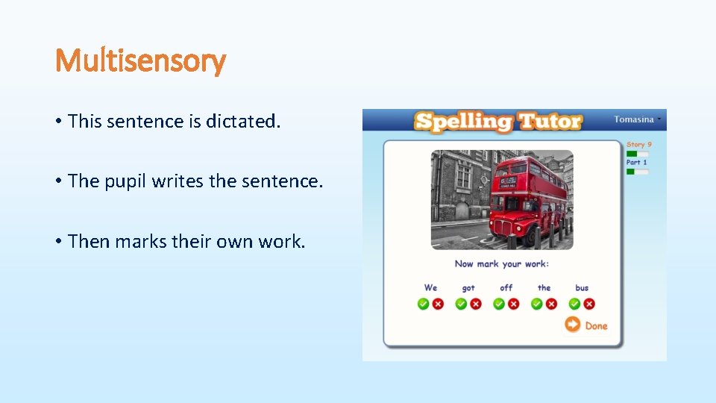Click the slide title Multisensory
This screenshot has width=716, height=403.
click(x=140, y=60)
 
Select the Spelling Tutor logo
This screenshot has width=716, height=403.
click(x=498, y=122)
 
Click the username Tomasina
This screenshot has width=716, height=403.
click(x=633, y=119)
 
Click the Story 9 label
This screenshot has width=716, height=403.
click(x=639, y=145)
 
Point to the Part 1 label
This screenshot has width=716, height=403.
click(x=637, y=163)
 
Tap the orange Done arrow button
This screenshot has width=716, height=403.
click(x=572, y=324)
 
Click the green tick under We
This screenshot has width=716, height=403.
click(x=424, y=304)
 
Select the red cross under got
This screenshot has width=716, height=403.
click(x=476, y=304)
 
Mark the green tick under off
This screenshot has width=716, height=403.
click(x=499, y=304)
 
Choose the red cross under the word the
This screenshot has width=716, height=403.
click(x=551, y=304)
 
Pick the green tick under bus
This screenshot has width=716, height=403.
click(x=575, y=304)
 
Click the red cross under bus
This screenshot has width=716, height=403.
click(x=589, y=304)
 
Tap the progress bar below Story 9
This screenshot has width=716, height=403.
click(x=637, y=154)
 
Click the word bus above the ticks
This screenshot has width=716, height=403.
click(x=582, y=288)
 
